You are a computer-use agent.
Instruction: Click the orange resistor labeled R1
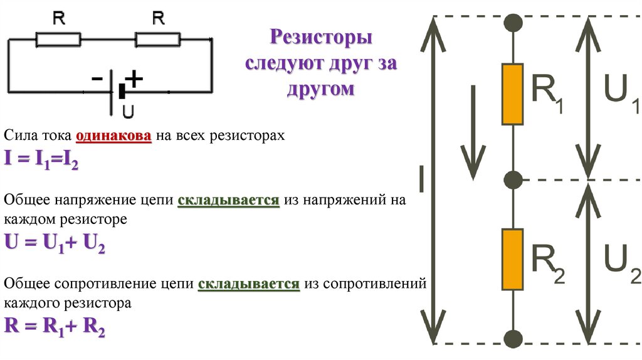tap(512, 94)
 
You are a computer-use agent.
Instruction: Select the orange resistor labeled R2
tap(512, 259)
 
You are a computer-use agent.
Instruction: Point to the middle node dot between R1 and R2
tap(513, 179)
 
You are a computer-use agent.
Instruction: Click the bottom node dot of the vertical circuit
tap(513, 339)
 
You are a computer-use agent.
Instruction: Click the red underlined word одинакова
tap(113, 137)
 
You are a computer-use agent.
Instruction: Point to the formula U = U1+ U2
tap(55, 242)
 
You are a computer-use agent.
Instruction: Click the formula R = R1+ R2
tap(55, 326)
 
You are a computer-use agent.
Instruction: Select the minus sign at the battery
tap(98, 80)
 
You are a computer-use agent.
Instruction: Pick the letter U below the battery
tap(127, 112)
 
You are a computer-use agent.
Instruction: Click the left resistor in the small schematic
tap(58, 40)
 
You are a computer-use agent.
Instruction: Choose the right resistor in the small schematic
tap(158, 40)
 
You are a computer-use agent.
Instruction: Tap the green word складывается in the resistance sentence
tap(248, 284)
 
